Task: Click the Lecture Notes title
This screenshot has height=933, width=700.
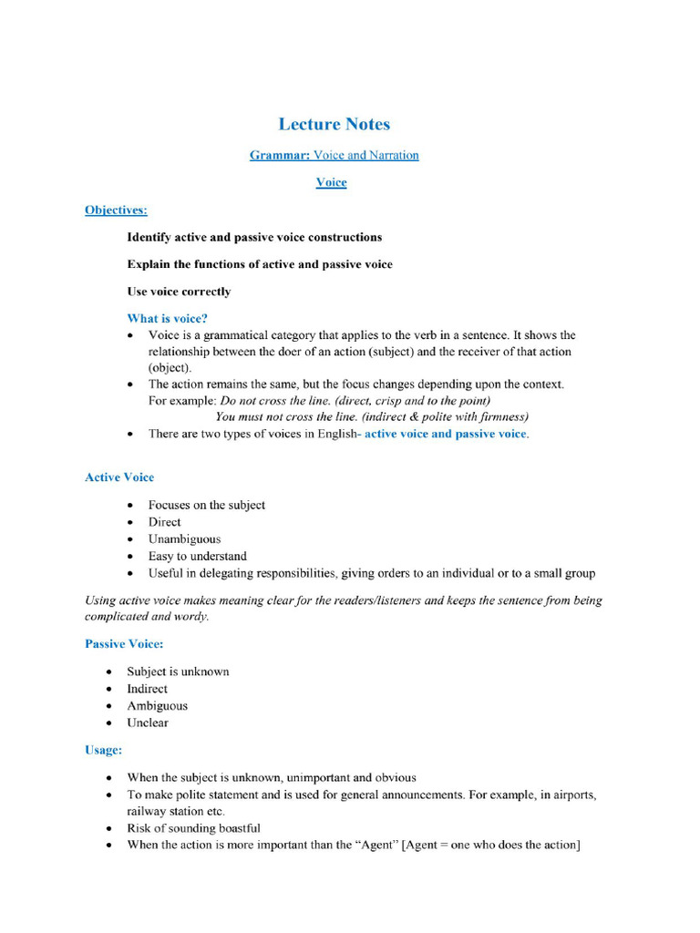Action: [x=334, y=124]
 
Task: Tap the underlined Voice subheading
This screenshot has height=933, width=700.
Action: [x=331, y=182]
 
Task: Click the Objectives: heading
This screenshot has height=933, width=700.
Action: [x=116, y=210]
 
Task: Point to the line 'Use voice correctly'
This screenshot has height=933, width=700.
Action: [x=179, y=292]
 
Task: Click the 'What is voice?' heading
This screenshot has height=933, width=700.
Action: [x=167, y=318]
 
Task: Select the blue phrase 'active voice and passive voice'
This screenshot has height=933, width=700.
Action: [x=445, y=434]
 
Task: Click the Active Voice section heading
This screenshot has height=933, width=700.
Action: [x=119, y=477]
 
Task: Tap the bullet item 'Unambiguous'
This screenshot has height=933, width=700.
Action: [x=184, y=538]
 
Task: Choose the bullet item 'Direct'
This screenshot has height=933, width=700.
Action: [x=165, y=522]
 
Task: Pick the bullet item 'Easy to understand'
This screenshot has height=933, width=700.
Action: [x=198, y=556]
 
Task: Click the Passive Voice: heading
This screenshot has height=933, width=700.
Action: [x=124, y=643]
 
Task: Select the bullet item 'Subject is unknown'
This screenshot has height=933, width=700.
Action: [x=178, y=672]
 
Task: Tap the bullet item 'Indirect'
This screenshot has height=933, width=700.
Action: [x=147, y=689]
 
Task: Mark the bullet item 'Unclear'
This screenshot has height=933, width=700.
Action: [x=148, y=723]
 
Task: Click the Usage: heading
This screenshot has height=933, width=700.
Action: [x=103, y=750]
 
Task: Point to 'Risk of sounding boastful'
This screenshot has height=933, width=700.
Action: [x=193, y=828]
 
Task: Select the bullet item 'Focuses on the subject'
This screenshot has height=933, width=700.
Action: [x=207, y=505]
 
